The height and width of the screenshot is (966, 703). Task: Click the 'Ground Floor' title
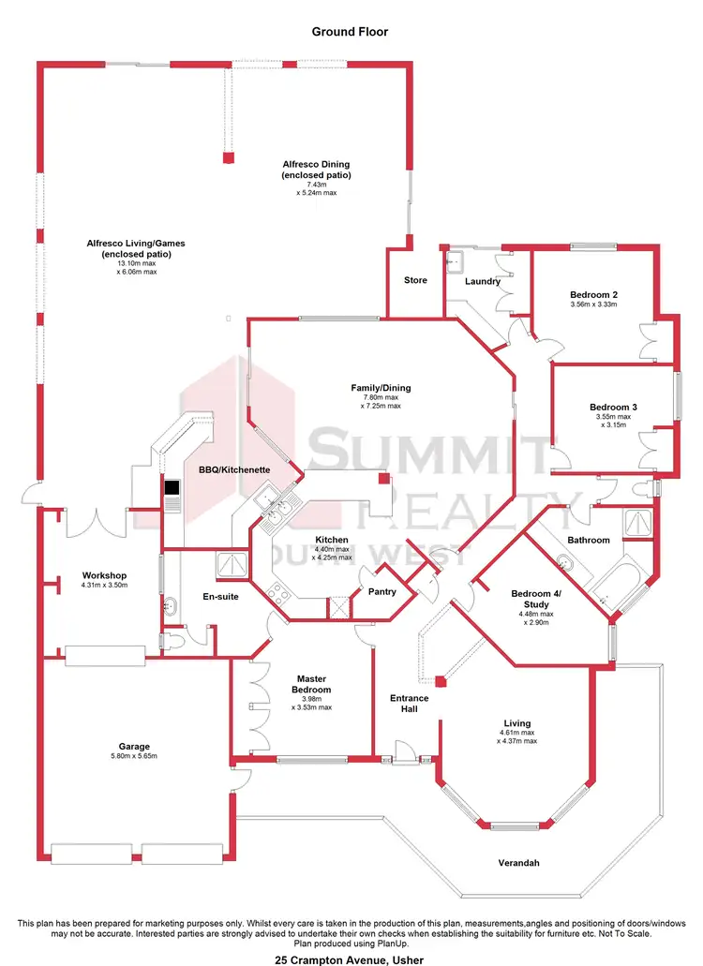coord(350,32)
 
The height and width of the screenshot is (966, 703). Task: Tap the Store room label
coord(415,280)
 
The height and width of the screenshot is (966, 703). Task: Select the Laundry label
coord(483,281)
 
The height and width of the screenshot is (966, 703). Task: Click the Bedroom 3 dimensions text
coord(613,421)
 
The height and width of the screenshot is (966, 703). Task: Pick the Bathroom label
coord(589,540)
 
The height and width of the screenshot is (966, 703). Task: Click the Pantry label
coord(382,591)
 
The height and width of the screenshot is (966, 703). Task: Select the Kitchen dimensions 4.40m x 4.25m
coord(332,553)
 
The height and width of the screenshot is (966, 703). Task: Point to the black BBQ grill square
coord(172,487)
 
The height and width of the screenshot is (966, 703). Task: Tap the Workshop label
coord(104,575)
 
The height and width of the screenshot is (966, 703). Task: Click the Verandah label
coord(522,863)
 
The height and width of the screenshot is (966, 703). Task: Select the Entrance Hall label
coord(410,704)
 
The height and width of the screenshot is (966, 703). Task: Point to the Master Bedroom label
coord(311,684)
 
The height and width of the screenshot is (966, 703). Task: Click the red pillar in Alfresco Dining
coord(227,157)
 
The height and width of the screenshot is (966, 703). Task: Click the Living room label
coord(516,723)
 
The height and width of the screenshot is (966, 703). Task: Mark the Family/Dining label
coord(381,388)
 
